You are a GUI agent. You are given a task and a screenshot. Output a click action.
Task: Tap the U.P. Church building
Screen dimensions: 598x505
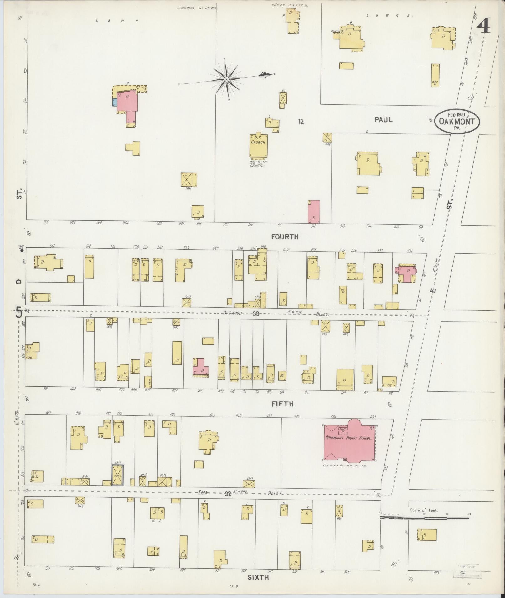pos(258,146)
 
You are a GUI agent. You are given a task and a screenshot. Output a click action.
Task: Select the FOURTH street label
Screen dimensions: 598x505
pos(285,237)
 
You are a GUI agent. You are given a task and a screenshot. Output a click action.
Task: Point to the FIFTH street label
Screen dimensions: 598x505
pos(282,404)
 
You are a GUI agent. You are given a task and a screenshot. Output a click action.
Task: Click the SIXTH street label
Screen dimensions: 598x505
pos(258,577)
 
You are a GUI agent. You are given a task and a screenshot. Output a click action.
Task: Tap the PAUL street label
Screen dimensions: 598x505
pos(383,120)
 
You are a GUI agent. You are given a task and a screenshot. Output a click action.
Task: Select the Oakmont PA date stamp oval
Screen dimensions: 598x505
pos(457,121)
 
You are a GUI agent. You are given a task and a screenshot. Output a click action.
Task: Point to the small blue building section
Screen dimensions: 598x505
pos(115,102)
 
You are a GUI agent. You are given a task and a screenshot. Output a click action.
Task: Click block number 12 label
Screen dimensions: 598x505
pos(301,122)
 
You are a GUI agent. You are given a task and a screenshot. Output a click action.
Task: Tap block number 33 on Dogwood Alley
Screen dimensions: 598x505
pos(256,314)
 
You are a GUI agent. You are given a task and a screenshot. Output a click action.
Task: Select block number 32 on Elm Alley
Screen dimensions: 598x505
pos(228,494)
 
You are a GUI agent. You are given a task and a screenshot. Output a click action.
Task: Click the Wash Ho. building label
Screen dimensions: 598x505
pos(435,83)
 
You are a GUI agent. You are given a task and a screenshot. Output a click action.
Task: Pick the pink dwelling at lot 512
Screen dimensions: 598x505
pos(314,212)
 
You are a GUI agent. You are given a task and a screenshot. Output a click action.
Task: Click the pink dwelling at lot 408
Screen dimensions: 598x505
pos(200,368)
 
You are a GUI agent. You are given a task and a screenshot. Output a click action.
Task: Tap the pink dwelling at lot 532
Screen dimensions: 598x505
pos(407,274)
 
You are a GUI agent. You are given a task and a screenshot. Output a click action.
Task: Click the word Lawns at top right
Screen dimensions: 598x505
pos(390,15)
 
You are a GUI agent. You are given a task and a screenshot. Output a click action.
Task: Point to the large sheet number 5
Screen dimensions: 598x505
pos(19,312)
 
